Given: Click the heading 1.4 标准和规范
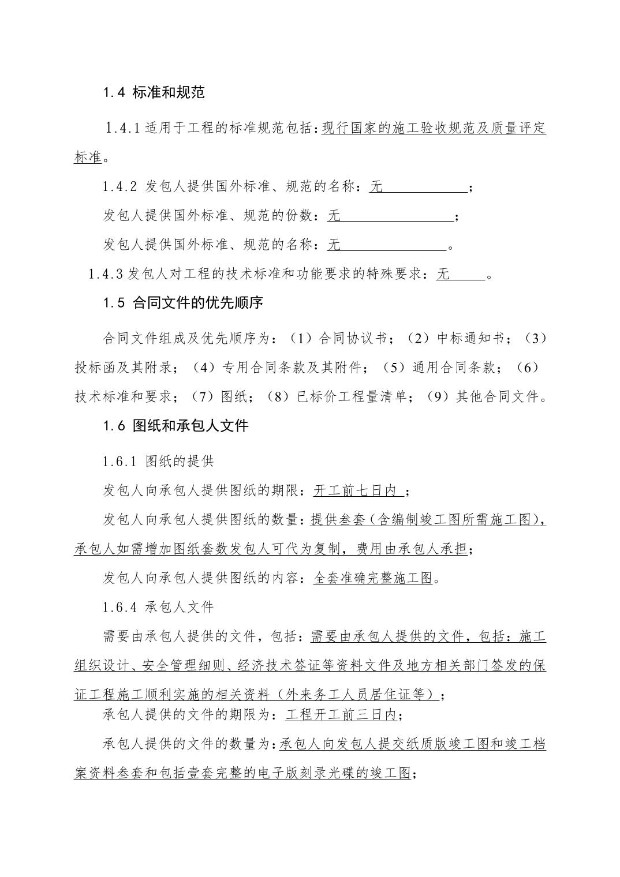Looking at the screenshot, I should (x=154, y=92).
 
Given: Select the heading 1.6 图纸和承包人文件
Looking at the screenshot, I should (x=175, y=426).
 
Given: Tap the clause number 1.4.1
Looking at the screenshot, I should (x=122, y=128).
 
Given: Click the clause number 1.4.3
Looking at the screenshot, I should (x=106, y=274).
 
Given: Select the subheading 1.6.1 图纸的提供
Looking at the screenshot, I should (x=158, y=461).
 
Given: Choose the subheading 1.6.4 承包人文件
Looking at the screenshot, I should (x=158, y=606).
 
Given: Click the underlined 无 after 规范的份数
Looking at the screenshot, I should (x=334, y=216).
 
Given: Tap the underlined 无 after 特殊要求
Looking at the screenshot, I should (x=443, y=274).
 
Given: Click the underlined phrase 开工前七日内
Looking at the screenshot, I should (x=357, y=490).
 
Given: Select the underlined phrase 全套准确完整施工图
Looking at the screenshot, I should (x=372, y=578).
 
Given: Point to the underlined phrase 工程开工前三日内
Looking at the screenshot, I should (x=341, y=715).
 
